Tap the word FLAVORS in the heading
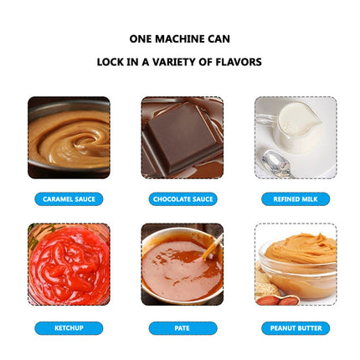(239, 62)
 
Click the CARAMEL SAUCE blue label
(69, 199)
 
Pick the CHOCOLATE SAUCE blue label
(183, 199)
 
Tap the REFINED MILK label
(296, 199)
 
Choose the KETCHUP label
(69, 328)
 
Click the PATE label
(183, 328)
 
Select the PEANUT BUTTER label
(296, 328)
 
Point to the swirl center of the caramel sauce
(84, 140)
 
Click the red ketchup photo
(69, 264)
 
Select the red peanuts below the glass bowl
(278, 300)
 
